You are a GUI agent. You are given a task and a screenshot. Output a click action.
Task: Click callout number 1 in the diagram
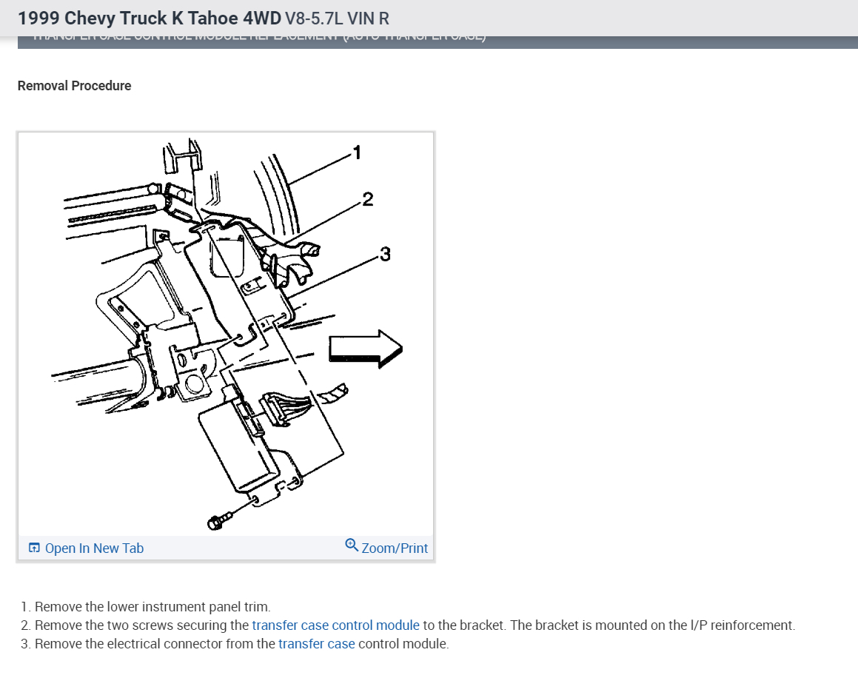pos(357,153)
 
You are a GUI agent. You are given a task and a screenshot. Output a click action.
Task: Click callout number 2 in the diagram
pos(367,199)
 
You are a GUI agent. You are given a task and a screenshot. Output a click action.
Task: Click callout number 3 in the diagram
pos(384,255)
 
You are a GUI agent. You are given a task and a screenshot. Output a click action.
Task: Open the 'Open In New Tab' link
pos(94,548)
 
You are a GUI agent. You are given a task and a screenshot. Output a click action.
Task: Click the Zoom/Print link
pos(395,548)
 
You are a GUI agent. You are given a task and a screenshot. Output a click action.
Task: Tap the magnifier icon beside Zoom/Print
pos(352,546)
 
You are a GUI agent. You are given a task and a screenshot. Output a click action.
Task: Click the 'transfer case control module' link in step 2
pos(335,625)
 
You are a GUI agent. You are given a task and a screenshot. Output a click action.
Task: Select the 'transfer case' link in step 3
pos(316,644)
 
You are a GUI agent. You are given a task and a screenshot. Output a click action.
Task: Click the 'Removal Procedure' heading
pos(74,86)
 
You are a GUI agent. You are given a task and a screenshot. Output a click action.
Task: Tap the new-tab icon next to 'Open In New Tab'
pos(34,548)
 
